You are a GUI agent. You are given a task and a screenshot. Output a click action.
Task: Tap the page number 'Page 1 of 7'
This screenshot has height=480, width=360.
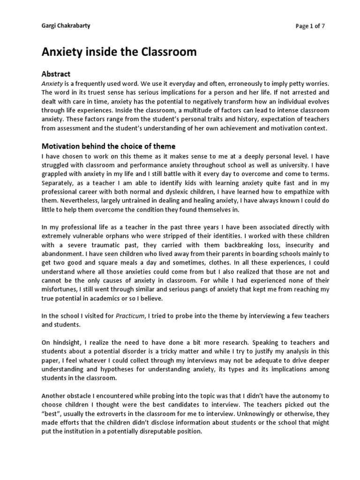click(310, 26)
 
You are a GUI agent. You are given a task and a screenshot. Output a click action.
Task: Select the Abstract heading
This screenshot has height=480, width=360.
click(56, 74)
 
